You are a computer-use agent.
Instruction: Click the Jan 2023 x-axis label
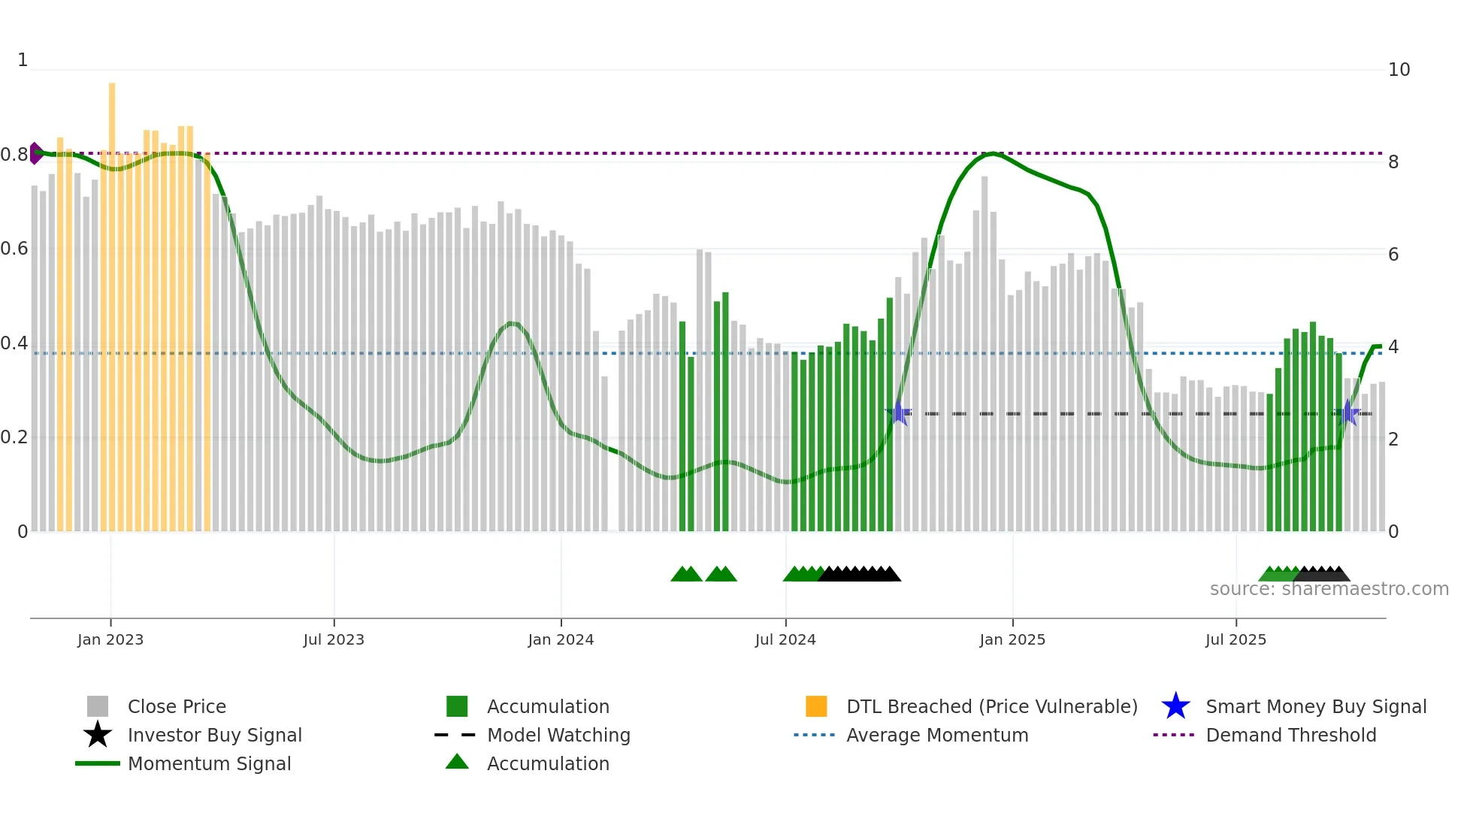click(110, 639)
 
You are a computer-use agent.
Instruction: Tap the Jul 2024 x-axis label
click(785, 639)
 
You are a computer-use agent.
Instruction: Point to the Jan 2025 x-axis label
click(1012, 639)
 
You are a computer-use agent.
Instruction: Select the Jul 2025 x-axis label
click(1236, 639)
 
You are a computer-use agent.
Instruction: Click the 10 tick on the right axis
click(1399, 70)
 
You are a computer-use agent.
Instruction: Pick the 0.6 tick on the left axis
click(14, 249)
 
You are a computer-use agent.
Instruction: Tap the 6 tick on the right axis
click(1393, 255)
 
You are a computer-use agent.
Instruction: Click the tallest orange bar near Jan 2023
click(112, 225)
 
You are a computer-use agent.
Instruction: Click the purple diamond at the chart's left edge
click(35, 153)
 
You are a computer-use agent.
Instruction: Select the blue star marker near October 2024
click(898, 412)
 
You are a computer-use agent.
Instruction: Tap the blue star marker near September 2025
click(1348, 413)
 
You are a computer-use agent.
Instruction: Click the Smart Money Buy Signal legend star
click(1175, 706)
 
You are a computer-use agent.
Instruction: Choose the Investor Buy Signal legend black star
click(98, 735)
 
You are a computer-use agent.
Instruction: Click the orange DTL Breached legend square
click(816, 706)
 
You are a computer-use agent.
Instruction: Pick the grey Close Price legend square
click(98, 706)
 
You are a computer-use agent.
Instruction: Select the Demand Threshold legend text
click(1290, 735)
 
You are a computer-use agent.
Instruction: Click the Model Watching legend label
click(558, 735)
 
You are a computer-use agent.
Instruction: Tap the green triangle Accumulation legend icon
click(457, 762)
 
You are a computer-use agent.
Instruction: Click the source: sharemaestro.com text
click(1329, 589)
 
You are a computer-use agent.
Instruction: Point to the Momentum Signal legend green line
click(98, 763)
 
